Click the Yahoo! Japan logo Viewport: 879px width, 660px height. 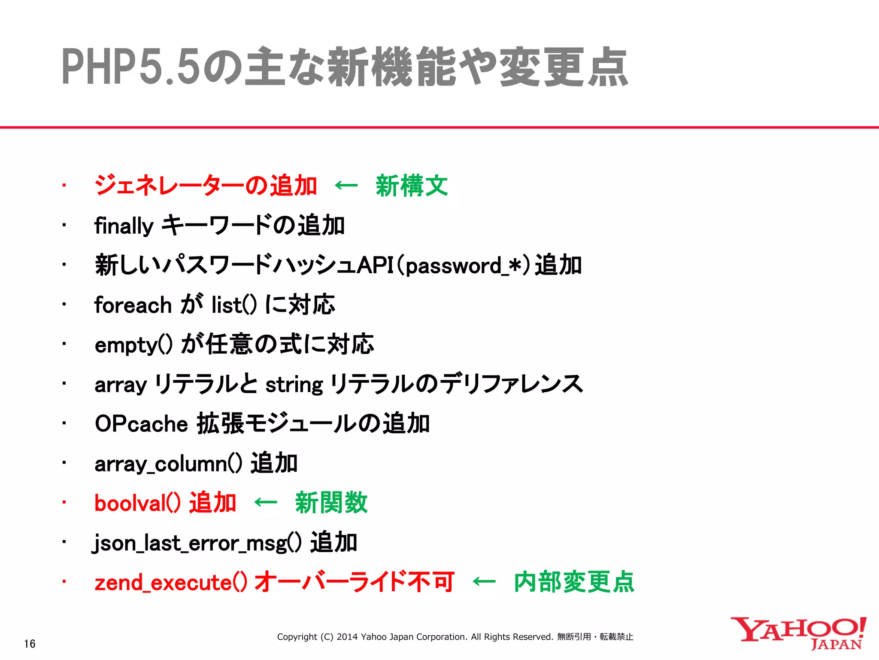point(798,633)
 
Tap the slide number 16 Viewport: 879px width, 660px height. point(30,644)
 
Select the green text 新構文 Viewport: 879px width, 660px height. point(412,186)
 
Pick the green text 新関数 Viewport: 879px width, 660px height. point(331,502)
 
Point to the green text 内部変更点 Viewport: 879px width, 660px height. point(574,582)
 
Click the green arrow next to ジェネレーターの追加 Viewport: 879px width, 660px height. point(346,186)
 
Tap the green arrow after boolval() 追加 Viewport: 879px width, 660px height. point(266,502)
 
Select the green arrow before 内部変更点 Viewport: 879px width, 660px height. point(484,582)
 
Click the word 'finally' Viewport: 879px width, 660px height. point(124,226)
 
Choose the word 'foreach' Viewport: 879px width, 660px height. point(133,305)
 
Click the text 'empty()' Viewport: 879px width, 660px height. point(133,345)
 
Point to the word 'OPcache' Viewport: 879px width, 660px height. point(141,424)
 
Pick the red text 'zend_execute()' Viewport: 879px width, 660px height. point(171,583)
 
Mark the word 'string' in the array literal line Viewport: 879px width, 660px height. point(294,385)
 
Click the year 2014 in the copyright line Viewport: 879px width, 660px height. point(347,637)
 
